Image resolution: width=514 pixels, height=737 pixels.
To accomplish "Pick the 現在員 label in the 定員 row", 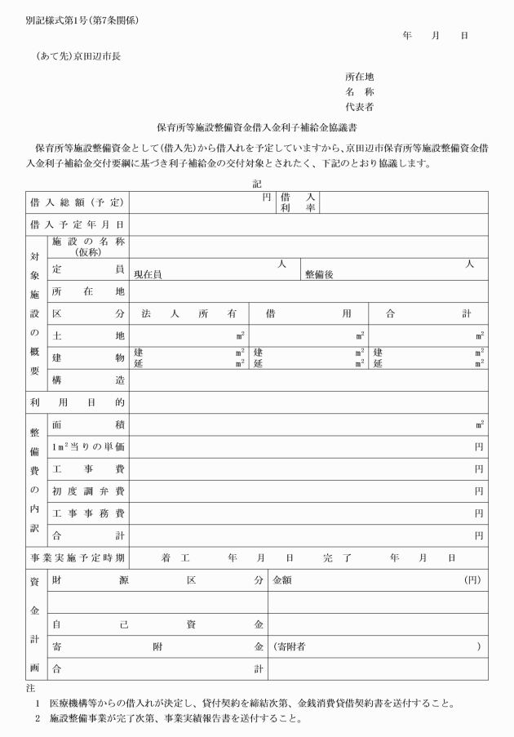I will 148,274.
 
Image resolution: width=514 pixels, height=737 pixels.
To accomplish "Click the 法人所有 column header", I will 188,313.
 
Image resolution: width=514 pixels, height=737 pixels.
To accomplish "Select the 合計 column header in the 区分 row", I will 428,313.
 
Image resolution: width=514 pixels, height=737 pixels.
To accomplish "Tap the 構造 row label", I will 87,380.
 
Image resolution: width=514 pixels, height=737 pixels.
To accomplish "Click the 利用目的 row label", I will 77,402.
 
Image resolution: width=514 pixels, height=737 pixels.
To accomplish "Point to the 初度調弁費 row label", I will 87,491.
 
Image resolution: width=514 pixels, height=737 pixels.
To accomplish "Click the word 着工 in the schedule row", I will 175,557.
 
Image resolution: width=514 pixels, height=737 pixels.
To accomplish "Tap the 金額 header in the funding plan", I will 284,580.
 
